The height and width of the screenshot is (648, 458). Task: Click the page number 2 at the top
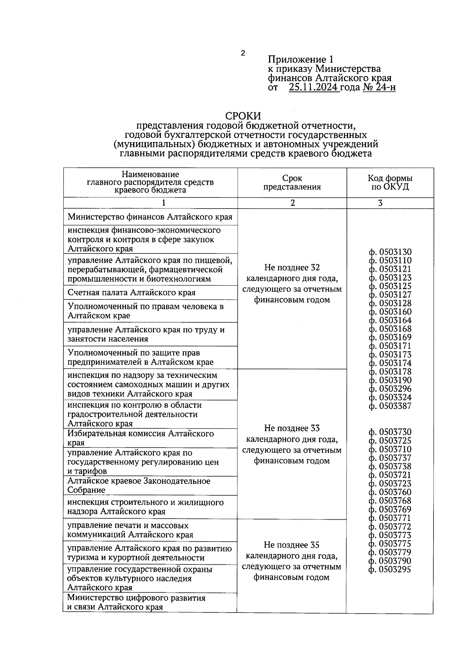click(x=242, y=53)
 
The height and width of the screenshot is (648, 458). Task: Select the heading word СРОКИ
click(x=243, y=116)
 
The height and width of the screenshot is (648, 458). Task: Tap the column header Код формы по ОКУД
click(x=390, y=183)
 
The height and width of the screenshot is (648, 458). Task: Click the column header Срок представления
click(x=292, y=183)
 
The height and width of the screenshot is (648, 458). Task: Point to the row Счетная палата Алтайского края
click(x=131, y=293)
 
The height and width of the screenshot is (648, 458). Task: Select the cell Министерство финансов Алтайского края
click(x=150, y=217)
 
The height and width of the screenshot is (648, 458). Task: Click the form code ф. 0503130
click(x=390, y=252)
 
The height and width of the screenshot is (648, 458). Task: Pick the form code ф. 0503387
click(x=390, y=406)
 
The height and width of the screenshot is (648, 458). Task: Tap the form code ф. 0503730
click(x=390, y=432)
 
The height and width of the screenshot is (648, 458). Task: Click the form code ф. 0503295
click(x=390, y=570)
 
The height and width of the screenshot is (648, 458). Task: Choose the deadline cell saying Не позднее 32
click(x=292, y=267)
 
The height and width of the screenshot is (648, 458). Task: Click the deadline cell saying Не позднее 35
click(x=292, y=545)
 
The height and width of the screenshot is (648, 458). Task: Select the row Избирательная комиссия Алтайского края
click(x=140, y=438)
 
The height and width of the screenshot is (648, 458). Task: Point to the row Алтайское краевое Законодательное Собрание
click(x=139, y=485)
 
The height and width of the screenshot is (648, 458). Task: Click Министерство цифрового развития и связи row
click(x=136, y=603)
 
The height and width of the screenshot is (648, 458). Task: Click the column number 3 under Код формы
click(x=380, y=203)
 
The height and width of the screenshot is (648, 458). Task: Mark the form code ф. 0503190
click(x=390, y=380)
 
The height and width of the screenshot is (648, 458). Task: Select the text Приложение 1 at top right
click(x=301, y=60)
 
